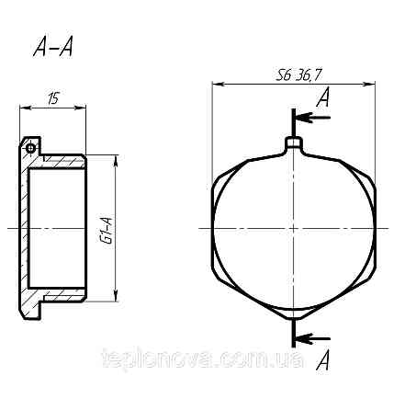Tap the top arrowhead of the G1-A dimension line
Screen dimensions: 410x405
point(115,158)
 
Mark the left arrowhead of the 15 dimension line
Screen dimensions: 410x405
point(24,107)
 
